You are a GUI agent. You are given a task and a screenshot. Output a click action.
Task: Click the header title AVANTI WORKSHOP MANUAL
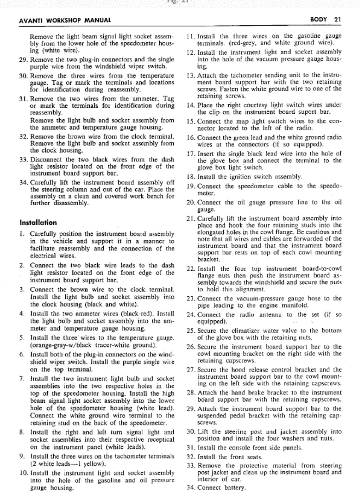point(65,20)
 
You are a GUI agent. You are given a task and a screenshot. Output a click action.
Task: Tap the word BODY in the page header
point(318,19)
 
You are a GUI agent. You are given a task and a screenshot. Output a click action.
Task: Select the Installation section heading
point(38,223)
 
